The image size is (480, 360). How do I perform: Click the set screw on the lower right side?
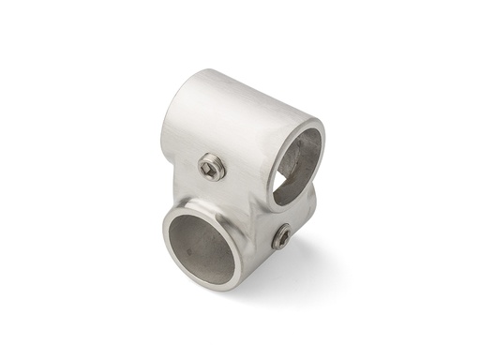pos(281,239)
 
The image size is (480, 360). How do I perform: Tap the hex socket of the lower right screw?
pos(281,240)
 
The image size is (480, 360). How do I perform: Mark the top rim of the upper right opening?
pos(302,126)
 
